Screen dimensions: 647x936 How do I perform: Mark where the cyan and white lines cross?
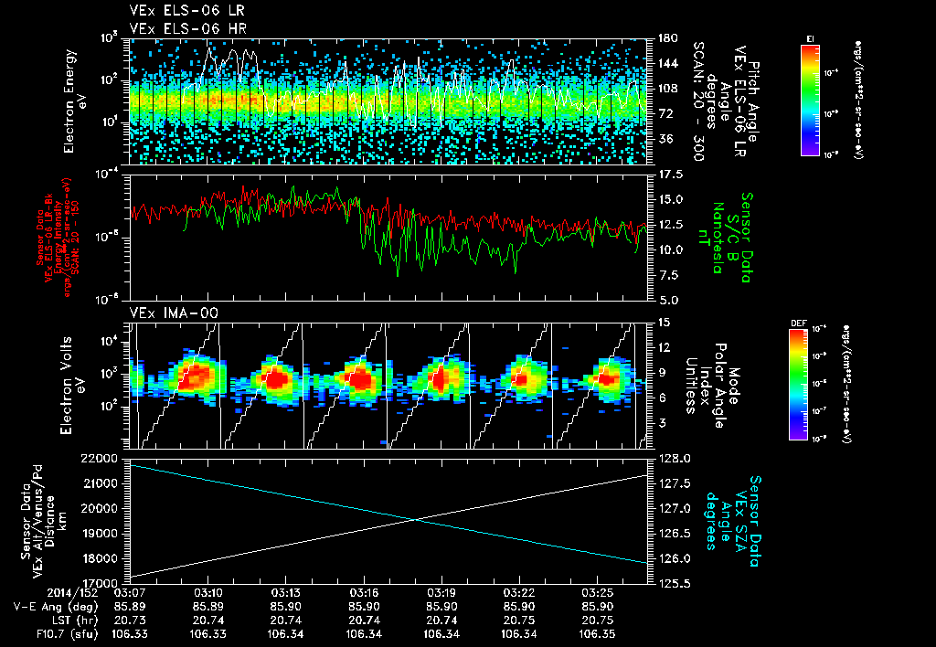click(416, 519)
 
